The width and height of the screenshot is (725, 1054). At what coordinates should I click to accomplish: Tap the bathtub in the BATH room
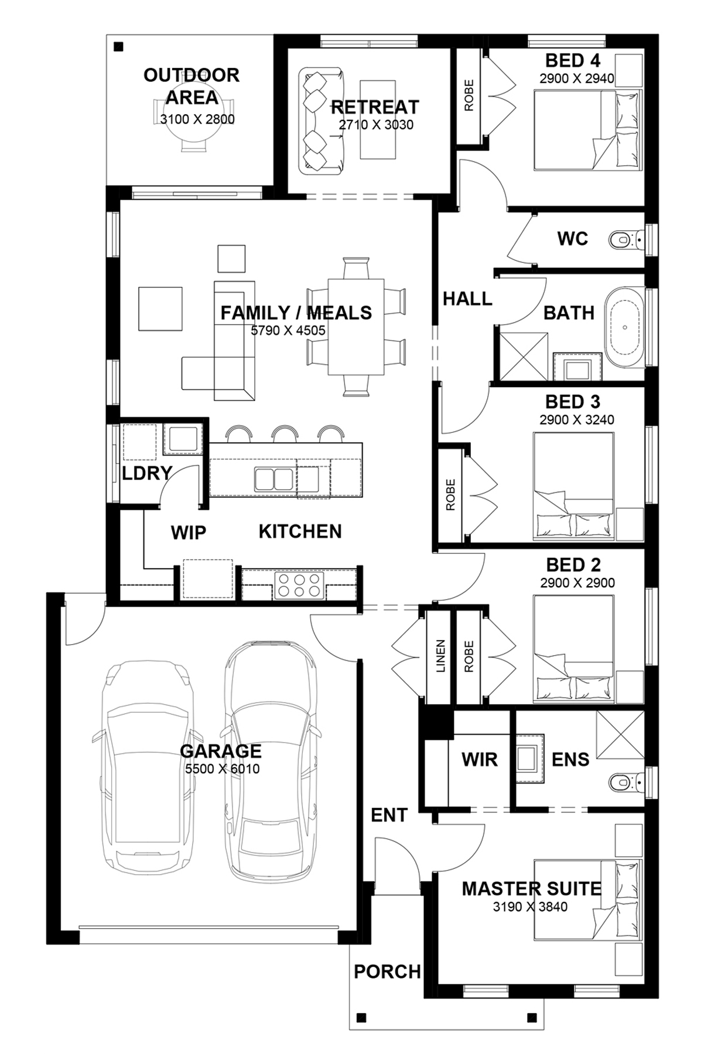(x=624, y=327)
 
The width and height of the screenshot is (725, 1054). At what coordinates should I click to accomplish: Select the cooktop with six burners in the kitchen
(x=299, y=584)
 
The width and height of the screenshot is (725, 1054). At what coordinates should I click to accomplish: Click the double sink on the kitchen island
(x=273, y=480)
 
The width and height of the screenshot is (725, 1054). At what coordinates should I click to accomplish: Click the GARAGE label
(x=221, y=751)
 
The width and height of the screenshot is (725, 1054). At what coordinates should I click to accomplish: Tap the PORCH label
(x=387, y=972)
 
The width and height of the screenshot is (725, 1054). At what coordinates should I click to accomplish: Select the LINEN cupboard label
(x=441, y=656)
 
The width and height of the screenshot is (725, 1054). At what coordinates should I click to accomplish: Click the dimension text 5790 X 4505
(x=288, y=330)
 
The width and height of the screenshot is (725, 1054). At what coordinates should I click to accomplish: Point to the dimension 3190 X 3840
(x=530, y=907)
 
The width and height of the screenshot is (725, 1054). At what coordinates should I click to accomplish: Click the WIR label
(x=480, y=759)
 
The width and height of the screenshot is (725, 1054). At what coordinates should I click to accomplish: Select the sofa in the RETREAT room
(x=321, y=121)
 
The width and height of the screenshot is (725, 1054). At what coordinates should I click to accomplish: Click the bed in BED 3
(x=573, y=486)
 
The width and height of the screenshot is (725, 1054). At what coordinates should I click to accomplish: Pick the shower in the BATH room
(x=524, y=357)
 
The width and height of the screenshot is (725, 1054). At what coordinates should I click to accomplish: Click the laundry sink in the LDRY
(x=183, y=438)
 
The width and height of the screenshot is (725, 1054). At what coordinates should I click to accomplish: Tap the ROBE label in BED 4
(x=469, y=95)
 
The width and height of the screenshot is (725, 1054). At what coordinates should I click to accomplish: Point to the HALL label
(x=467, y=299)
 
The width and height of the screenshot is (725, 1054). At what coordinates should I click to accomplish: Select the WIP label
(x=189, y=533)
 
